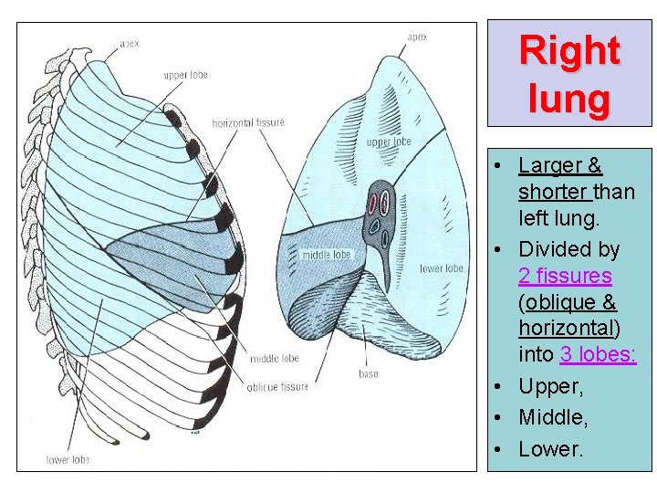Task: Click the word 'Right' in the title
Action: click(x=569, y=51)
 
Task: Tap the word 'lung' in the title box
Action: click(x=569, y=98)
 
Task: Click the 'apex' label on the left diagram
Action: click(x=130, y=43)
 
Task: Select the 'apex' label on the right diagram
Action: click(x=417, y=37)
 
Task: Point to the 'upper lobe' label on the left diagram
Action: click(x=186, y=75)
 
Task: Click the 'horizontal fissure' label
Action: click(x=248, y=123)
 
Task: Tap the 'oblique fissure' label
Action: click(x=277, y=387)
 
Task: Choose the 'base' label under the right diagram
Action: click(x=368, y=372)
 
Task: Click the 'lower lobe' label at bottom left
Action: click(x=69, y=460)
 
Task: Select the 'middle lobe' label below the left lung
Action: click(x=275, y=359)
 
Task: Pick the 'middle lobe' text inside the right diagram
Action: click(x=327, y=255)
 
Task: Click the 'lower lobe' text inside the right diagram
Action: click(x=442, y=268)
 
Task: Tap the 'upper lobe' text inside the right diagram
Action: click(x=389, y=142)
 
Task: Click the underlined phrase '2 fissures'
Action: click(x=565, y=276)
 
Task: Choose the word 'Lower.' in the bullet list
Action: click(x=550, y=449)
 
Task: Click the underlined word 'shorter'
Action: click(x=553, y=193)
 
